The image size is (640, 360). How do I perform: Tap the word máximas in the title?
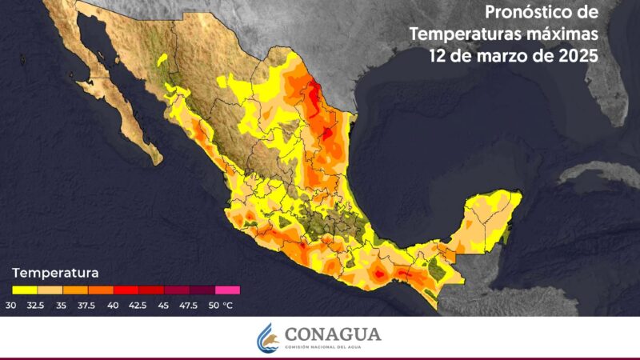click(560, 35)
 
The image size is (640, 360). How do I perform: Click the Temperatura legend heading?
click(55, 271)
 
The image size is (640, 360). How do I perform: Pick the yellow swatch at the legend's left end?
click(23, 290)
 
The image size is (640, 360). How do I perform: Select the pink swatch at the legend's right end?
click(227, 290)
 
